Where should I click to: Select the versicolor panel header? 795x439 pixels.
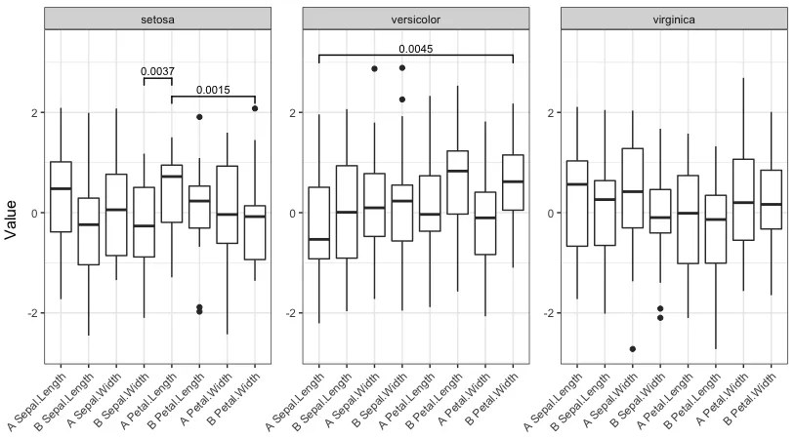[x=416, y=19]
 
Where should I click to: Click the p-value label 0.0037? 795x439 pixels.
[x=158, y=71]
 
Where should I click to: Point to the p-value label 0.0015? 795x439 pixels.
[x=213, y=90]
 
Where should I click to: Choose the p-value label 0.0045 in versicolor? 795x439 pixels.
[x=416, y=49]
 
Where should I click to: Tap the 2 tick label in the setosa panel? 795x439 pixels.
[x=36, y=113]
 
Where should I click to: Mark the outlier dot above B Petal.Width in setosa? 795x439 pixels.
[x=255, y=108]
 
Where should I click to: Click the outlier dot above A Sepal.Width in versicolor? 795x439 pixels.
[x=374, y=68]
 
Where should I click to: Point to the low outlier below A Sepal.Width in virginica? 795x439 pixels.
[x=632, y=348]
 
